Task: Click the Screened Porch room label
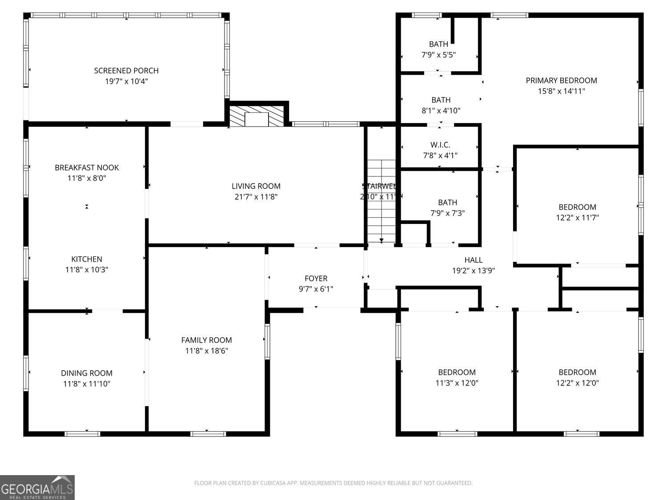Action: tap(126, 71)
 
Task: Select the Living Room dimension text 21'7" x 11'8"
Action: tap(256, 197)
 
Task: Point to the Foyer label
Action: tap(316, 279)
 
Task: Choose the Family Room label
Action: tap(206, 340)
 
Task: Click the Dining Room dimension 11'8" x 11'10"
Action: tap(87, 384)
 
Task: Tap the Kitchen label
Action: tap(87, 259)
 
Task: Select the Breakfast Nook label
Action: tap(87, 168)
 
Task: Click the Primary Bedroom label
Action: tap(561, 80)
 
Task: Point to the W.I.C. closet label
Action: tap(440, 145)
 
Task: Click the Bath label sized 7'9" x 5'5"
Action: tap(438, 44)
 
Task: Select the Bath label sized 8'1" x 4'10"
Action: tap(441, 100)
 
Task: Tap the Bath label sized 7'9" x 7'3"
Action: tap(447, 203)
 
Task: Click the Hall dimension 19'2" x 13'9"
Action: tap(473, 271)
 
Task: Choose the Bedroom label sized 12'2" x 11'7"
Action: tap(577, 207)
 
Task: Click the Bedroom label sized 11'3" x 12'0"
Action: tap(457, 372)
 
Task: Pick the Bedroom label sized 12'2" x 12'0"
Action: tap(577, 372)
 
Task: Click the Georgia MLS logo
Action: tap(37, 488)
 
